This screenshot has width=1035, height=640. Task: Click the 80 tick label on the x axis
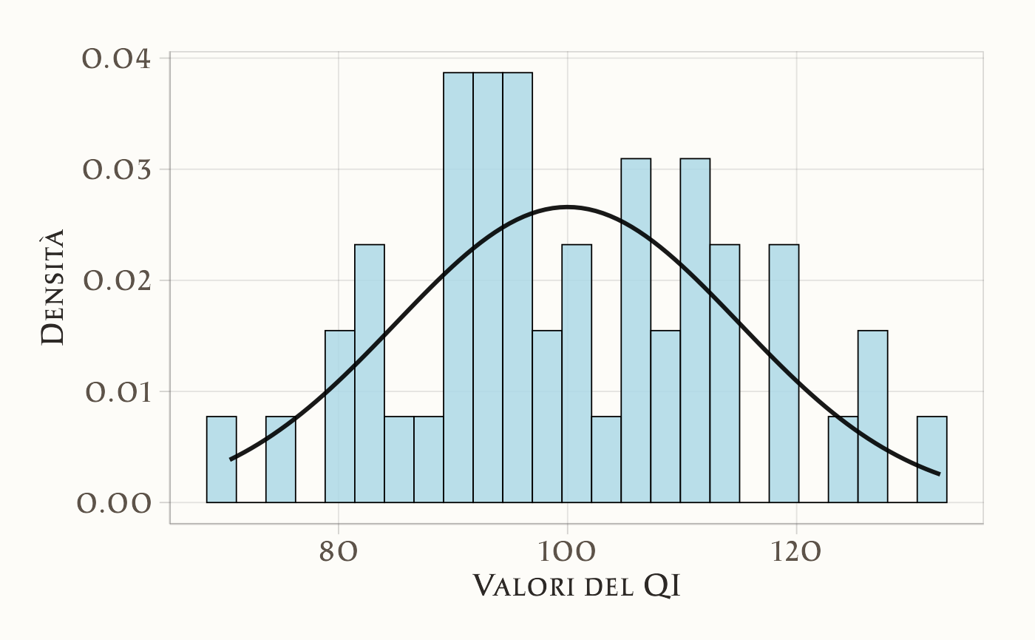[338, 553]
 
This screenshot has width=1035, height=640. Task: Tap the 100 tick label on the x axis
[567, 553]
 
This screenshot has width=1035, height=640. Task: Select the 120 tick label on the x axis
[796, 553]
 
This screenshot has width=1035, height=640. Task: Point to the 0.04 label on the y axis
[117, 58]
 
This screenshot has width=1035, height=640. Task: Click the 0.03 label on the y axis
[117, 169]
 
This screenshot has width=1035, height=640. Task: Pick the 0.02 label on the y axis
[117, 280]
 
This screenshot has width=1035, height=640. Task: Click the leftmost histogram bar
[221, 459]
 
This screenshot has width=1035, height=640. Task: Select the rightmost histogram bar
[931, 459]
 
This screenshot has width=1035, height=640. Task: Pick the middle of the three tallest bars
[488, 289]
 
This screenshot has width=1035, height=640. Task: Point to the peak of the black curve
[567, 206]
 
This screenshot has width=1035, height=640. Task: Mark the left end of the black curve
[231, 459]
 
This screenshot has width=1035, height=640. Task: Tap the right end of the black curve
[939, 474]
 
